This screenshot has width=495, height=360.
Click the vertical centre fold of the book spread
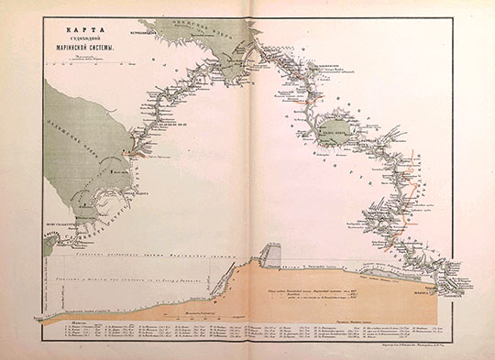point(247,183)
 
